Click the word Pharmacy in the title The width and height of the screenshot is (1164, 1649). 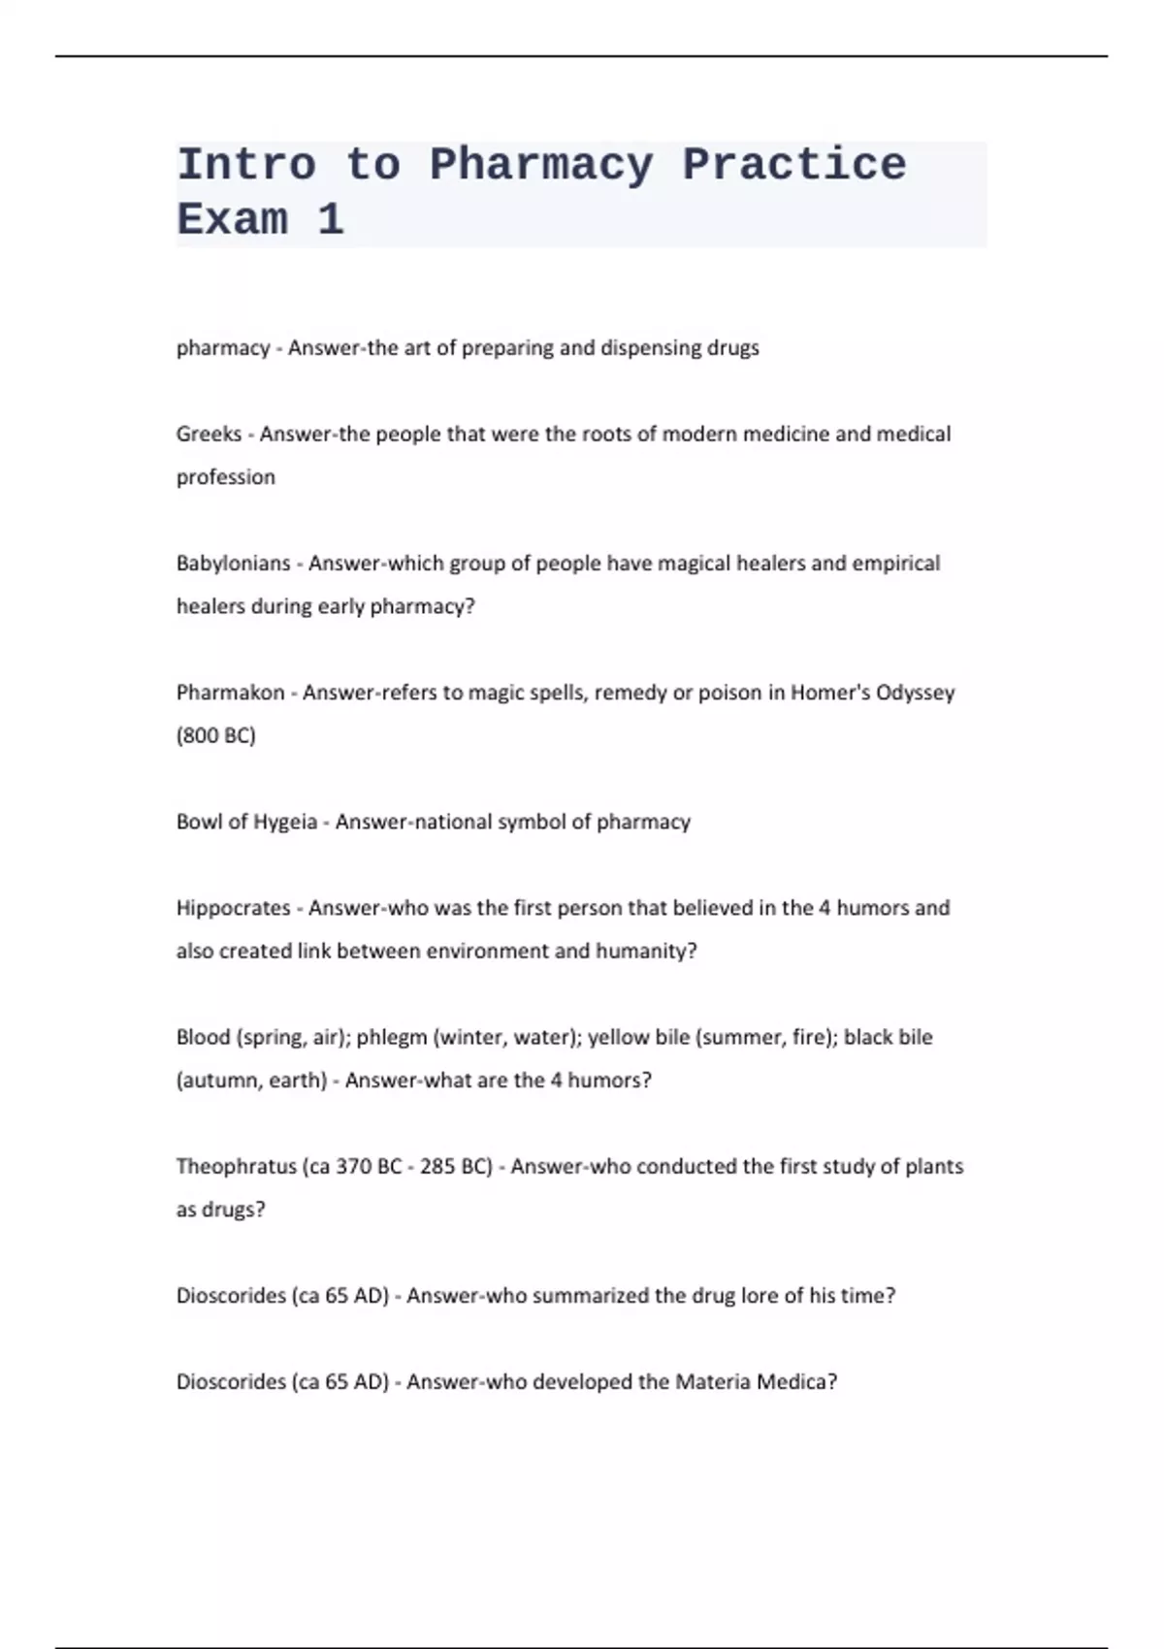point(541,165)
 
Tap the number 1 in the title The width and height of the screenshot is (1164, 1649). point(330,220)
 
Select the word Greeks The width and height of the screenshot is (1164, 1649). point(209,434)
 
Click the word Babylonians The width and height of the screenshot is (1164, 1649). point(233,564)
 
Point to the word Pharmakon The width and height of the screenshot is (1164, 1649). point(230,693)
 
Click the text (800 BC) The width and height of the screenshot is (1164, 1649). point(215,735)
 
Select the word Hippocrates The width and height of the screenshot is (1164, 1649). point(233,908)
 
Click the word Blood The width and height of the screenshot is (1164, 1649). point(203,1037)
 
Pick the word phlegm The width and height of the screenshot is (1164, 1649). point(391,1038)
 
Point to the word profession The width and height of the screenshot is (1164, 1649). point(225,477)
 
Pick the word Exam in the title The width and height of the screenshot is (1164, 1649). point(233,220)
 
